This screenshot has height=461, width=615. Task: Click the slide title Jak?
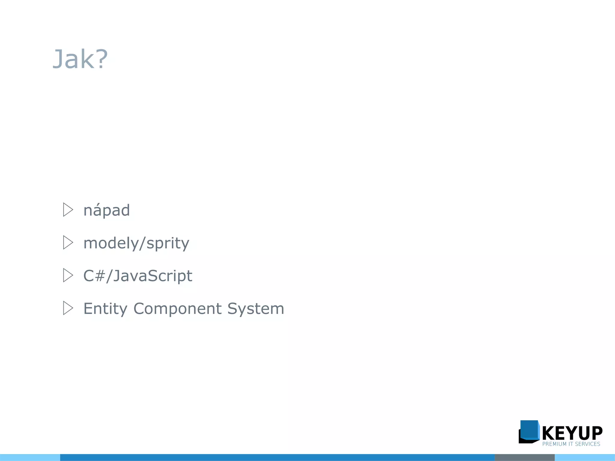click(x=80, y=59)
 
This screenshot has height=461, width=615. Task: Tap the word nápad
click(x=107, y=210)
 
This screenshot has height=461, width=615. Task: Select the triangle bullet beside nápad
click(x=68, y=210)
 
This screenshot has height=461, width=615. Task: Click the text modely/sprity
click(x=136, y=243)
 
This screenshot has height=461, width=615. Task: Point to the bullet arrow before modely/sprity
click(x=68, y=243)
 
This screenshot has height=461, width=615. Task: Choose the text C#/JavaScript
click(x=138, y=276)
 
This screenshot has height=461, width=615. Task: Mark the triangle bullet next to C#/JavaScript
click(x=68, y=275)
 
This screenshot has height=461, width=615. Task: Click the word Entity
click(x=105, y=309)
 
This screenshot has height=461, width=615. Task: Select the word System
click(x=256, y=309)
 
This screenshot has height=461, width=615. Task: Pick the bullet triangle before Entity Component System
click(x=68, y=308)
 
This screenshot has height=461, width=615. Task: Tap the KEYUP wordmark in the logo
click(x=572, y=433)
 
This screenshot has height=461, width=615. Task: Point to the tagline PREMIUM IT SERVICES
click(x=571, y=444)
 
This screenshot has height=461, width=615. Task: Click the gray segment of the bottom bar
click(x=524, y=457)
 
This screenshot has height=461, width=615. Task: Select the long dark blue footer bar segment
click(x=277, y=457)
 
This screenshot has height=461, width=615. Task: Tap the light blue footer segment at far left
click(x=30, y=457)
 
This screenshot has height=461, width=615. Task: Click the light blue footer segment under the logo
click(x=585, y=457)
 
